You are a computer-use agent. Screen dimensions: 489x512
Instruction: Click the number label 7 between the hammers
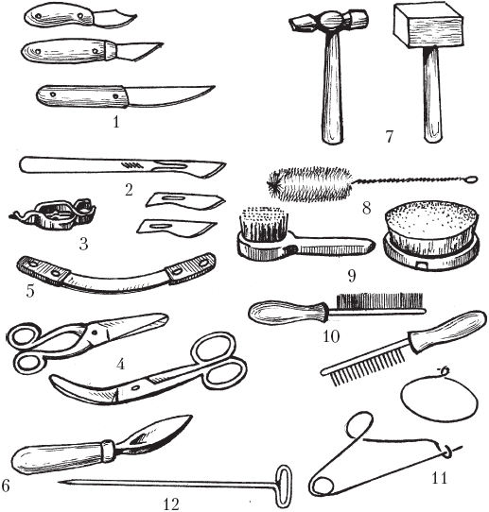389,136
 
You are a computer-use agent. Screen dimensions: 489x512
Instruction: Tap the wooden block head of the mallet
428,26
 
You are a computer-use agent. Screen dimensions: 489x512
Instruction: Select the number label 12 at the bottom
171,503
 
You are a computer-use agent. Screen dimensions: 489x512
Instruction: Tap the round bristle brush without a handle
432,235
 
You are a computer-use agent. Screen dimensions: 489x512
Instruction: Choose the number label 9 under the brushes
352,276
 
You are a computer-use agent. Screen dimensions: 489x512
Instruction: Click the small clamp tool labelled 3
53,213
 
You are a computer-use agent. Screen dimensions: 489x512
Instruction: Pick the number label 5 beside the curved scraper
30,291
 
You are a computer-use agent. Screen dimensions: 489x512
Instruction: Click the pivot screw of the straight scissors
96,333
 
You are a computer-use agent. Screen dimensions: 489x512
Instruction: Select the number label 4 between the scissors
121,364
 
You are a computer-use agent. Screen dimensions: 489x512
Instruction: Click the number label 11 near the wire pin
439,478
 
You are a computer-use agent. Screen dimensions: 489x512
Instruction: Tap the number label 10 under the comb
331,336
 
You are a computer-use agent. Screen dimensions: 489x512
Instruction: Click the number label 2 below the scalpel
129,190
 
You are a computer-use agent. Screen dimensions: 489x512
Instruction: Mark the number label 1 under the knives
116,122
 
